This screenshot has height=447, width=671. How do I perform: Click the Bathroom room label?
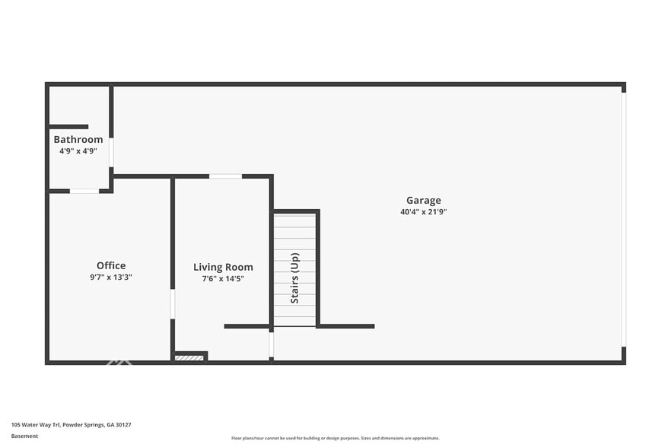78,140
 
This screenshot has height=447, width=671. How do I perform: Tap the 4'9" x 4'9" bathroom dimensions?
78,151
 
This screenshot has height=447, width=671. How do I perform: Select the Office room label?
111,265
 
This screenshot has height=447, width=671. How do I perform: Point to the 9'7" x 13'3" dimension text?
111,277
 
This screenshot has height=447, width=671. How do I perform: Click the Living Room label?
223,267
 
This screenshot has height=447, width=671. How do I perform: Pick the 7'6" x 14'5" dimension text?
223,278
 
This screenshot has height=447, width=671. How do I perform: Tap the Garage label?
423,201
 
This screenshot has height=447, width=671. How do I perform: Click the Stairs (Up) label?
294,278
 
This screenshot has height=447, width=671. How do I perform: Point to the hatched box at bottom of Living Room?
189,357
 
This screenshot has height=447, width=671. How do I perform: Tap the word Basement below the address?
24,436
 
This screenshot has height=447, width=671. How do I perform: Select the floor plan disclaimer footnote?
335,438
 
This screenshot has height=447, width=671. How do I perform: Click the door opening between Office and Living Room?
173,303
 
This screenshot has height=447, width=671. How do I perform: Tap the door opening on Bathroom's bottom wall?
84,191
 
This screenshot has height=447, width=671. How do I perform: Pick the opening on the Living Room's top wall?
225,176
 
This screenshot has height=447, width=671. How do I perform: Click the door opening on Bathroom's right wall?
111,152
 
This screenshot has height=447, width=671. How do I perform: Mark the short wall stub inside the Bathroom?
68,127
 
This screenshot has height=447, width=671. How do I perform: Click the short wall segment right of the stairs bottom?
346,326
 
